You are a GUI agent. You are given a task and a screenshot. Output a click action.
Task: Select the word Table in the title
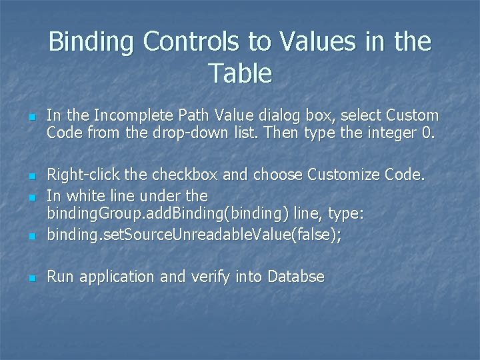point(240,73)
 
